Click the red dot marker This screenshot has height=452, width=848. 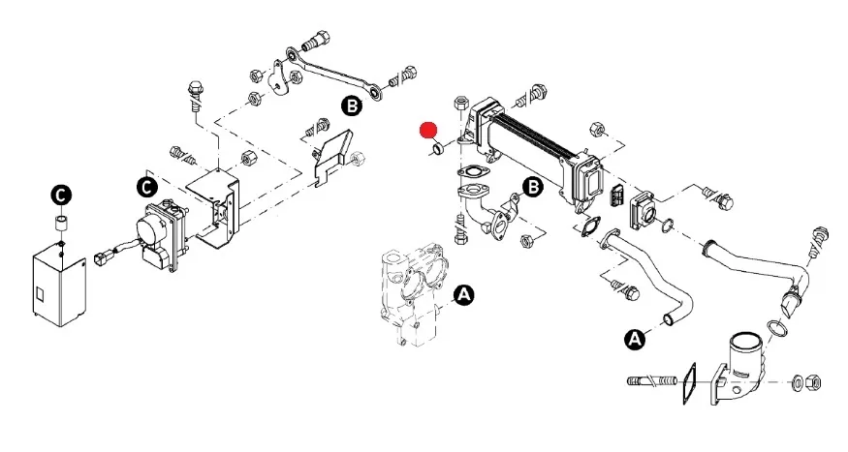click(x=427, y=130)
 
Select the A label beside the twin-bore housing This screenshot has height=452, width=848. click(x=463, y=294)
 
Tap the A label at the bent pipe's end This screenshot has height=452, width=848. click(x=636, y=338)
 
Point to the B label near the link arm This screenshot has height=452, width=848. click(x=351, y=104)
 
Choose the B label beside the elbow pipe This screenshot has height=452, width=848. click(x=532, y=187)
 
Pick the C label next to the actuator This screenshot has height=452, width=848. click(x=145, y=184)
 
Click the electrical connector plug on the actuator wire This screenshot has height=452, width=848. click(x=103, y=258)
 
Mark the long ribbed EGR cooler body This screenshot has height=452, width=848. click(x=533, y=145)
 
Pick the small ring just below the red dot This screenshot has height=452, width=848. click(x=438, y=150)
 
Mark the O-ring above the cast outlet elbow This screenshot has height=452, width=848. click(x=776, y=329)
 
